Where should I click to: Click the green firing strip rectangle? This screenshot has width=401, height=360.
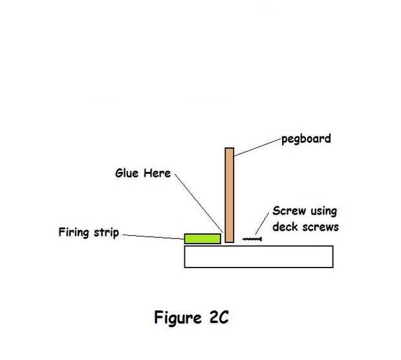click(202, 238)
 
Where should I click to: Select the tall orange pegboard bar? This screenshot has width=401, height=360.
click(230, 195)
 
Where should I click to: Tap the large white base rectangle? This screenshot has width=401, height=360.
click(259, 257)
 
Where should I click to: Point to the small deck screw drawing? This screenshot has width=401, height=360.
click(252, 239)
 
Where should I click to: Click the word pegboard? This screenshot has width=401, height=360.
click(306, 139)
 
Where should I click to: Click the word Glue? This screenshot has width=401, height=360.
click(127, 173)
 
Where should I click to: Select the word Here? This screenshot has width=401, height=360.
click(157, 173)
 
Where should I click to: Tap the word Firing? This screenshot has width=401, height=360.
click(74, 233)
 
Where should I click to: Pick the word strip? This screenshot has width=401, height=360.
click(106, 233)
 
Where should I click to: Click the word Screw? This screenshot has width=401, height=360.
click(289, 211)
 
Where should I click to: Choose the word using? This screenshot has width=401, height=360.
click(324, 211)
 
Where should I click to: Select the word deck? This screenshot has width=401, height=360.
click(285, 227)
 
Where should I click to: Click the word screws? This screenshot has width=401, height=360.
click(320, 227)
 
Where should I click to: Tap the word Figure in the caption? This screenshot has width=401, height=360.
click(178, 318)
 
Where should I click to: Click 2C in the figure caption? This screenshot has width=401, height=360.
click(219, 317)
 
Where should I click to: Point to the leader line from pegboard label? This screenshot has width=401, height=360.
click(257, 147)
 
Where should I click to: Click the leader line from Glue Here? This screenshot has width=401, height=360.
click(199, 203)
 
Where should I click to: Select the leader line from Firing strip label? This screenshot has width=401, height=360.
click(153, 237)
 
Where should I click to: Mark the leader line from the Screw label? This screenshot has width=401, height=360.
click(262, 224)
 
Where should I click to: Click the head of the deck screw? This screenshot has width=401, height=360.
click(261, 239)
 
